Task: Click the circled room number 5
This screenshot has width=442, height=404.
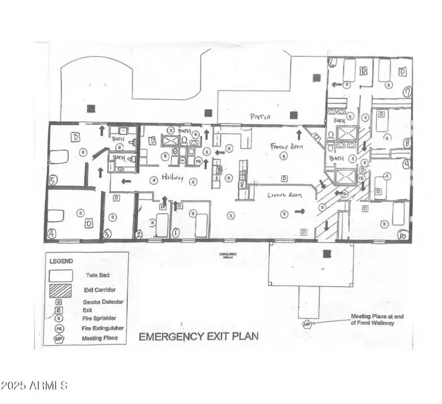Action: point(52,181)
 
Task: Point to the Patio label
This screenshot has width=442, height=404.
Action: point(260,117)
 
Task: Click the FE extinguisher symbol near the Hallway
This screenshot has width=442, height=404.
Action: point(198,161)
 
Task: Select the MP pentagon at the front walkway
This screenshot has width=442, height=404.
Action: point(307,324)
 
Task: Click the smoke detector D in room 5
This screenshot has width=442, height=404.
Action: point(75,136)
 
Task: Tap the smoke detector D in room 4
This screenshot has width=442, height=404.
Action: point(88,223)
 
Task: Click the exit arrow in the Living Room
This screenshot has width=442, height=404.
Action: point(300,212)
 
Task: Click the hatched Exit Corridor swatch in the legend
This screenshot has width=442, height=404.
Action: point(61,292)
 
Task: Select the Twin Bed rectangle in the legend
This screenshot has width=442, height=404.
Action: point(61,276)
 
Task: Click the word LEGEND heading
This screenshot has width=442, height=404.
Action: point(61,261)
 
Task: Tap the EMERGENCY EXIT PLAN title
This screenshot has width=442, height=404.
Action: point(199,337)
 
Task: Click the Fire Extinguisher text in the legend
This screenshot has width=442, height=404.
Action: point(104,328)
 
